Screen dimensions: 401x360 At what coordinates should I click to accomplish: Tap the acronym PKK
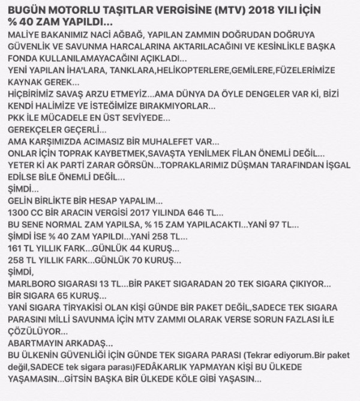click(x=15, y=119)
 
